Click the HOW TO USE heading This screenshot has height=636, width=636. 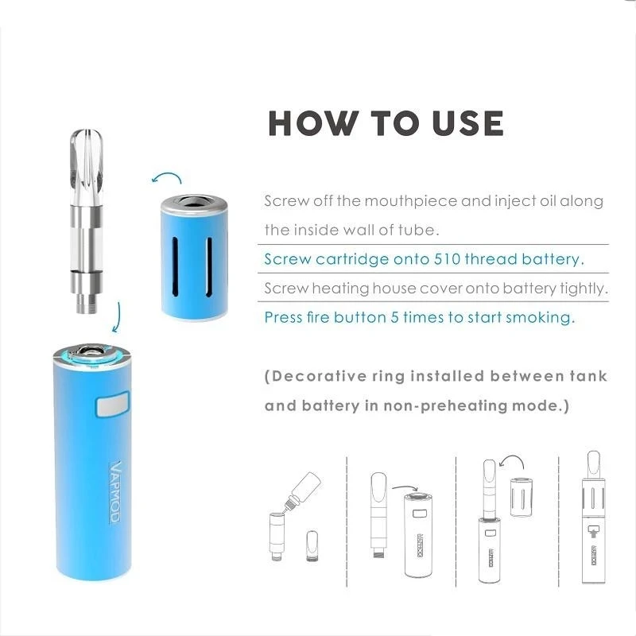coord(386,123)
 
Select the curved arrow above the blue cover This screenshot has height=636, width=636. coord(166,176)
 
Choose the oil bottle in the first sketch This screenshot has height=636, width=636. coord(304,487)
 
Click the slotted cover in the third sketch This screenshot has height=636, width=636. coord(521,497)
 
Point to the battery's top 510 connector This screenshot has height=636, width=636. coord(88,351)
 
